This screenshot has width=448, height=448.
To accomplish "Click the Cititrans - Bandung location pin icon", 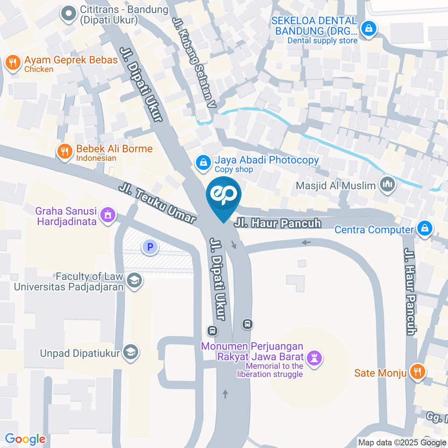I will pos(69,14).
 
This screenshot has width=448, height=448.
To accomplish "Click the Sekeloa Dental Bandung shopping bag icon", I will pos(369,28).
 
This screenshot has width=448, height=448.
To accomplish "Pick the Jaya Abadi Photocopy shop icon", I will pos(203,162).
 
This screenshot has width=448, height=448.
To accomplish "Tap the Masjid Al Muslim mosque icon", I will pos(387,185).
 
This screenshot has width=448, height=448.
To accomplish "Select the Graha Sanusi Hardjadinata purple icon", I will pos(108,215).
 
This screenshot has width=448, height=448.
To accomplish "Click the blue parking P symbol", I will pos(150,247).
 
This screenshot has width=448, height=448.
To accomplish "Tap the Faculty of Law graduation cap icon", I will pos(135,280).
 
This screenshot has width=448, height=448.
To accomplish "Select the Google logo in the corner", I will pos(25,439).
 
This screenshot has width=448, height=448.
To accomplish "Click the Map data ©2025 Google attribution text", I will pos(402,443).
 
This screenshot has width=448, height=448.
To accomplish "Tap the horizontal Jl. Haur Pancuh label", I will pos(278,224).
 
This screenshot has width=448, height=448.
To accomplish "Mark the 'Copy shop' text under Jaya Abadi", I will pos(234,170).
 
